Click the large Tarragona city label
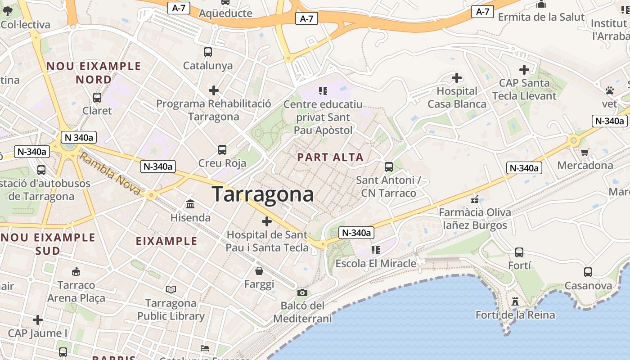(262, 194)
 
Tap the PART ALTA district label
(330, 157)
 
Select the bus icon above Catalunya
(207, 52)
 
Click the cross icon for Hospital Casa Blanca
(457, 78)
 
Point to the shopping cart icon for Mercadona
(585, 152)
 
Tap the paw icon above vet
(610, 90)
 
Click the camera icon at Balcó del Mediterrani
(302, 293)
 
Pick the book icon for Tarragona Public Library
(171, 289)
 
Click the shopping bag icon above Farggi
(259, 271)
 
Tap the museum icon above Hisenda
(190, 204)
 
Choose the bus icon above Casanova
(588, 272)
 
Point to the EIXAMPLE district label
(166, 241)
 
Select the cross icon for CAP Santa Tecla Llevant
(524, 70)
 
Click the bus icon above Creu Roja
(222, 150)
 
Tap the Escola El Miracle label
(376, 263)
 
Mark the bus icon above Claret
(97, 97)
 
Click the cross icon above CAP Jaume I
(38, 320)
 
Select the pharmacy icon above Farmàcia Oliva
(474, 199)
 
